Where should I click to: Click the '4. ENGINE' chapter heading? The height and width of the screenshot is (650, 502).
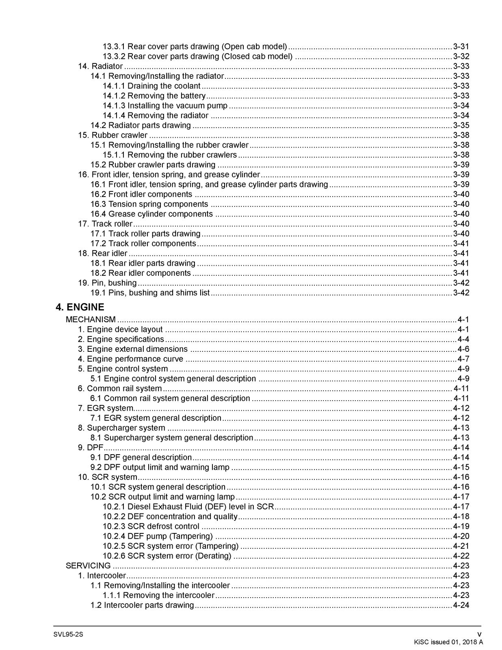tap(80, 307)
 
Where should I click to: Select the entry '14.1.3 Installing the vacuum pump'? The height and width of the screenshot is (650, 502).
tap(165, 106)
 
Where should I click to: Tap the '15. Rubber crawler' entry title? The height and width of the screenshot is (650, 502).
tap(113, 135)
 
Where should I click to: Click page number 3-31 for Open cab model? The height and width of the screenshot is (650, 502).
tap(461, 47)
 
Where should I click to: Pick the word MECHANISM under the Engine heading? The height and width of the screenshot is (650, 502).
tap(91, 320)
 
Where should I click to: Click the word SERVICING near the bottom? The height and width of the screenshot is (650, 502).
tap(88, 566)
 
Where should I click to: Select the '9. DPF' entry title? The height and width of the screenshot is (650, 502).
tap(90, 448)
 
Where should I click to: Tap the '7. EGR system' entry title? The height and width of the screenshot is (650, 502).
tap(105, 408)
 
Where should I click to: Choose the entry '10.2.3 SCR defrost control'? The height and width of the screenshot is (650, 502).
tap(151, 526)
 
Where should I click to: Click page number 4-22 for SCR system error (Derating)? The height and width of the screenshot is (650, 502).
tap(461, 556)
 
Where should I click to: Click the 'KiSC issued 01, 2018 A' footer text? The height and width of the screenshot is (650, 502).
tap(448, 642)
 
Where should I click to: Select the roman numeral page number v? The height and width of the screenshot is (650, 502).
tap(479, 635)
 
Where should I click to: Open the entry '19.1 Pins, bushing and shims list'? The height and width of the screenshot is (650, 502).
tap(150, 293)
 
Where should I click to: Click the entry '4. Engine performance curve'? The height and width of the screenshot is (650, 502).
tap(130, 359)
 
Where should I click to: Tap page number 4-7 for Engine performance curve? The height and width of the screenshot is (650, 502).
tap(463, 359)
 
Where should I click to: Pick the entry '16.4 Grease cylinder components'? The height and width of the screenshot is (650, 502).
tap(151, 214)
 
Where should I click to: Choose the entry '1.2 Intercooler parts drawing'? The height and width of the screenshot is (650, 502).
tap(142, 605)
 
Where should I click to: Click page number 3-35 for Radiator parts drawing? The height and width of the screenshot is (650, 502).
tap(461, 126)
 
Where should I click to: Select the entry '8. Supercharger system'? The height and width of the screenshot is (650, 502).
tap(121, 428)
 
